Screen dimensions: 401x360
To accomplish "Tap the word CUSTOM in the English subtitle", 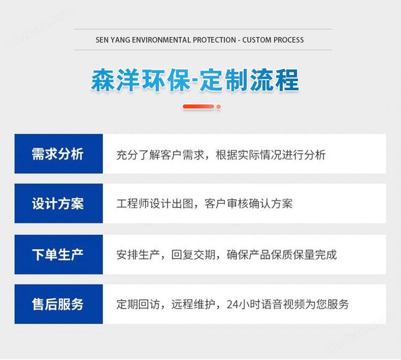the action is pos(257,40).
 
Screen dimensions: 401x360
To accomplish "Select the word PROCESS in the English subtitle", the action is pos(289,40).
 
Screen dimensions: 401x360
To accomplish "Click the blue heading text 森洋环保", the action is pos(141,80).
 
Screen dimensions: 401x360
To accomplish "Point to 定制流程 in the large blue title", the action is pos(249,80).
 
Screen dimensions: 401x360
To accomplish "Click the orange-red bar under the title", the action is pos(198,106).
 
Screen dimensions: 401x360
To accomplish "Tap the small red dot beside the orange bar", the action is pos(218,107).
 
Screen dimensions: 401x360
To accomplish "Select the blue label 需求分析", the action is pos(58,154).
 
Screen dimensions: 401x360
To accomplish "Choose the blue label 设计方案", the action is pos(58,204).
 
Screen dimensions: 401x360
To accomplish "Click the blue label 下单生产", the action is pos(58,255).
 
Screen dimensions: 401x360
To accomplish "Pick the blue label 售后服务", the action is pos(58,304).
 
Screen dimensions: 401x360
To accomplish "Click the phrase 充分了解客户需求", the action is pos(160,155).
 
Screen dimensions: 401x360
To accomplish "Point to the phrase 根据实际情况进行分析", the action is pos(271,155).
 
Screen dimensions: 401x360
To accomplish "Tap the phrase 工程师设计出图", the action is pos(155,204).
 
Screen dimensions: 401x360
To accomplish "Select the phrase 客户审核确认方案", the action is pos(248,204).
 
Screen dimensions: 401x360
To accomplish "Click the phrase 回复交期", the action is pos(193,255).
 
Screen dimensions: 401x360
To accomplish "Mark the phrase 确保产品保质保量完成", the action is pos(282,255).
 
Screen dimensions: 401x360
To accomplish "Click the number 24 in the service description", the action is pos(232,305).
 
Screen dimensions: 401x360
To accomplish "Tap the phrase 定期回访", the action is pos(138,304).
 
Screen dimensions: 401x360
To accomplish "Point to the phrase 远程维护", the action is pos(193,304).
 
